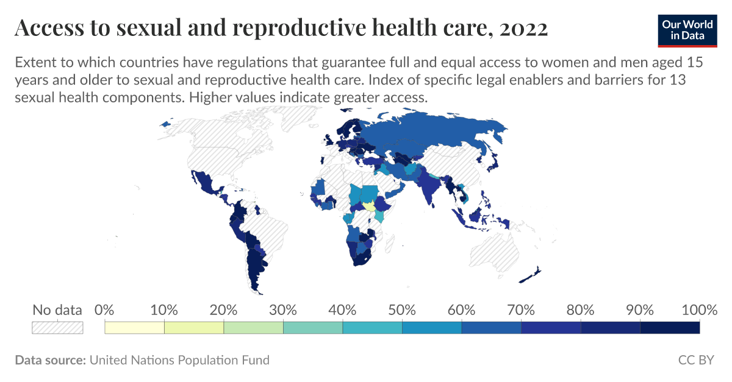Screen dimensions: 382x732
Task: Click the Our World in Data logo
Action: coord(687,29)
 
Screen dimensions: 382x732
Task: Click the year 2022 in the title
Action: coord(523,28)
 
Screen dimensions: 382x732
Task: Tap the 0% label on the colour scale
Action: coord(106,309)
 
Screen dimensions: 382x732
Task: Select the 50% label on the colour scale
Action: coord(402,309)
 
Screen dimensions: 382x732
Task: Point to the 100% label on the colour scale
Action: coord(699,309)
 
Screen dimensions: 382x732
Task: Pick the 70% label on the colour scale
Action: coord(521,309)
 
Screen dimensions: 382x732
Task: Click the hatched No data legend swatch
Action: coord(57,328)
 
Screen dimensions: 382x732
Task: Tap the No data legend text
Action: coord(57,309)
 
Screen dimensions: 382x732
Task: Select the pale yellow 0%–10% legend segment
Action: coord(135,328)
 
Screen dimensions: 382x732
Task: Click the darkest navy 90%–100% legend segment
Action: coord(670,328)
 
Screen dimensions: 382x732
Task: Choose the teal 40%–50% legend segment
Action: coord(372,328)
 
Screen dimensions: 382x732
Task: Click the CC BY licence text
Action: coord(695,360)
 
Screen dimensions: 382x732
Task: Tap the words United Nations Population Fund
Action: coord(179,360)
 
